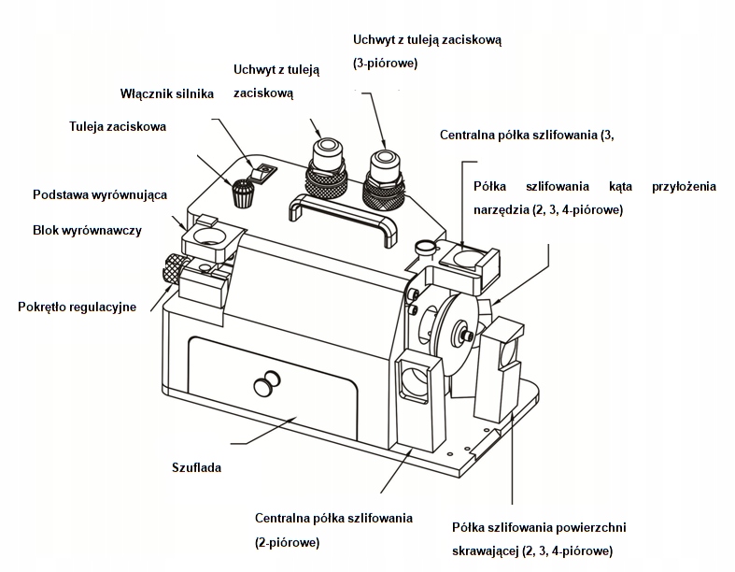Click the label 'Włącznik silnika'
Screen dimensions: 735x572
pos(167,93)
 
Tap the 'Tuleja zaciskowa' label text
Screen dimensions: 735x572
pos(118,127)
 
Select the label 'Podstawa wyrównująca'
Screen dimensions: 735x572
pos(100,194)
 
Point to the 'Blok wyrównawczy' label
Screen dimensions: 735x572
pos(87,231)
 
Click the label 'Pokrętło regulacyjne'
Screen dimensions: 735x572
pos(78,307)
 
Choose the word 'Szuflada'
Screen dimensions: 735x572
pos(196,467)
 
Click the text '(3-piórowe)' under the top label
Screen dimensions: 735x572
pos(385,63)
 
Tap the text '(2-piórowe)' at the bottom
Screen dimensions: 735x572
pos(288,542)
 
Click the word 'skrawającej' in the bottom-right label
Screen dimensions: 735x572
pos(486,551)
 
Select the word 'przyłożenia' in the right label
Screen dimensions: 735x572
pos(684,186)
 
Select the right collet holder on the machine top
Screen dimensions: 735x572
pos(385,179)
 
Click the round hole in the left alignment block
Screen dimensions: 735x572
pos(208,237)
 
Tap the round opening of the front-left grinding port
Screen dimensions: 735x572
pos(413,383)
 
